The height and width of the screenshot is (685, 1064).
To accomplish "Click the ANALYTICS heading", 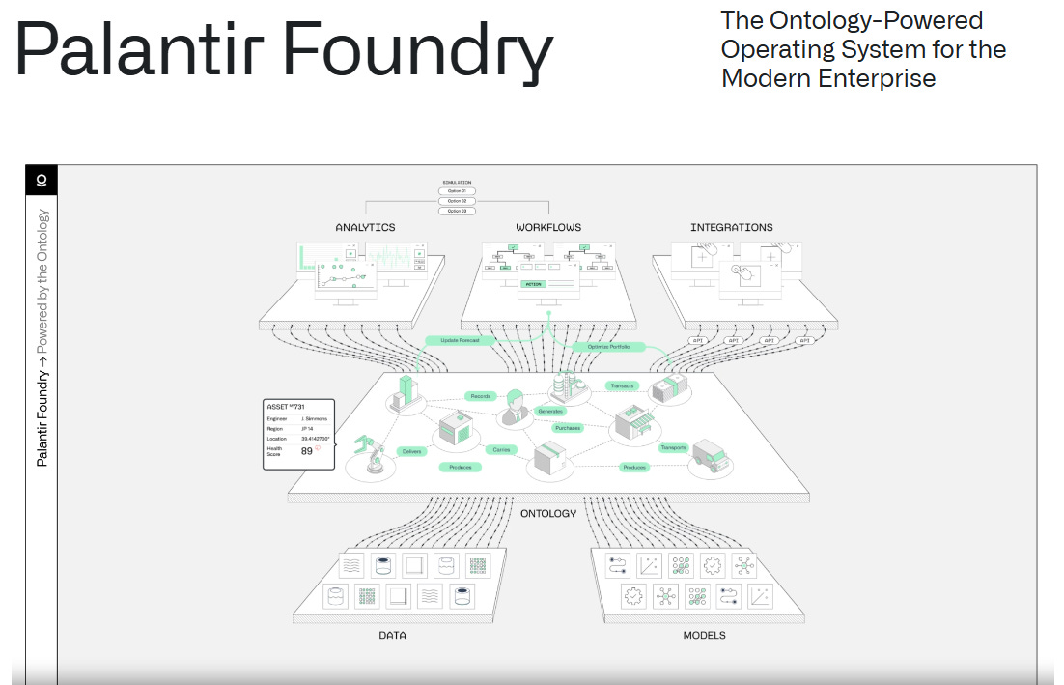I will (x=365, y=228).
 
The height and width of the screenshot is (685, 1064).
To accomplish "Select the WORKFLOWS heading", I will (x=548, y=228).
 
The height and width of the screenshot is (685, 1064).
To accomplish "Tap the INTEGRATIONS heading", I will (x=731, y=228).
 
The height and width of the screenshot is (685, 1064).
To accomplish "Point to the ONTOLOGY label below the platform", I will (x=547, y=513).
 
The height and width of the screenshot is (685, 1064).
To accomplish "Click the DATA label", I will (x=392, y=636).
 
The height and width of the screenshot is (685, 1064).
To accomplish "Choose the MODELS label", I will (x=704, y=636).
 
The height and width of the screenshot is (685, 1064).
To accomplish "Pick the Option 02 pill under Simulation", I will (x=457, y=200).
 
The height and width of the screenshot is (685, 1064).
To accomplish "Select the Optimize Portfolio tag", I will (x=607, y=346).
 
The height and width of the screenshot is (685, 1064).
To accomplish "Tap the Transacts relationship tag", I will (x=621, y=385).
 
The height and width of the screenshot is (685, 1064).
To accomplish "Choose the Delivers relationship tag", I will (x=411, y=451).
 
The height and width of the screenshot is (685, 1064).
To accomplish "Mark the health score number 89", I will (x=307, y=451).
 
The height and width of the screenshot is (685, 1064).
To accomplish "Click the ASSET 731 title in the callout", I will (x=286, y=407).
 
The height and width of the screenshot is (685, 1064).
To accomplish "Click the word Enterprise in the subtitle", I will (x=877, y=78).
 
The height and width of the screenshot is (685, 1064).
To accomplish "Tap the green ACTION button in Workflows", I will (x=533, y=284).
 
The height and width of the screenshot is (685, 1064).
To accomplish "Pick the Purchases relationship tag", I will (x=568, y=427).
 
